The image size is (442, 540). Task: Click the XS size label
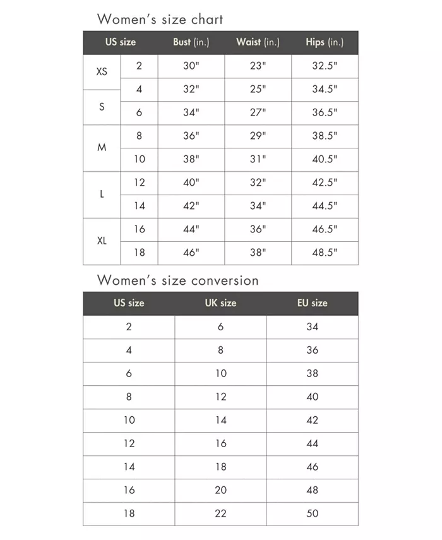(102, 72)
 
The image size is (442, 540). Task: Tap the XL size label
(102, 241)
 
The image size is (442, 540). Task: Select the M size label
(102, 147)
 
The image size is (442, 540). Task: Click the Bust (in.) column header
(191, 42)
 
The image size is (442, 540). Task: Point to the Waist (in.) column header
(257, 42)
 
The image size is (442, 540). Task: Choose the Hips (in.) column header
(325, 42)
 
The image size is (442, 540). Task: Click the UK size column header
(220, 303)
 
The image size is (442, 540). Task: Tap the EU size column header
(312, 303)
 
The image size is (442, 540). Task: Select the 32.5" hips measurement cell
(325, 66)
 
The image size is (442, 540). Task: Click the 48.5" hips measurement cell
(325, 253)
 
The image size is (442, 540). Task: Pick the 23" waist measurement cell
(258, 66)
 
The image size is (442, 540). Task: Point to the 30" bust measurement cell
(191, 66)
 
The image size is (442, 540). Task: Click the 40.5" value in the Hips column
(325, 159)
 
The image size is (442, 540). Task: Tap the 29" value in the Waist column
(258, 136)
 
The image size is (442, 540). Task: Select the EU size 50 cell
(312, 513)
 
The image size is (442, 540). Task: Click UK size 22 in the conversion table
(220, 513)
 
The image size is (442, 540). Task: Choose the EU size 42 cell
(312, 420)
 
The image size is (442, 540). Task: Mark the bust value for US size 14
(191, 206)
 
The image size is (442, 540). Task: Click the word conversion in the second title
(220, 280)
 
